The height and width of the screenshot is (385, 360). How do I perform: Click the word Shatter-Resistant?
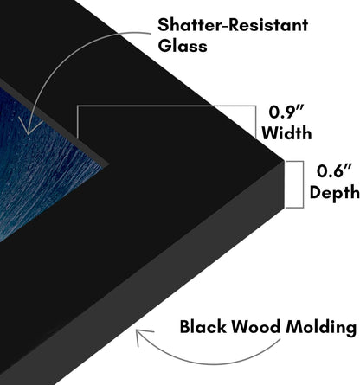233,25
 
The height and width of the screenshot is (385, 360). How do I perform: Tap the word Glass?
183,46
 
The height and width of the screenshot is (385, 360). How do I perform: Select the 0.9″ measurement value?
286,112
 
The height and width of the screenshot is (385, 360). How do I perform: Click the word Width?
286,133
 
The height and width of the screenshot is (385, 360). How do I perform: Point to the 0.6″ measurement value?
334,171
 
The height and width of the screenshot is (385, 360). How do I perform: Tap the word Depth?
334,192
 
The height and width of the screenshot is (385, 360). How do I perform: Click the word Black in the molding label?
203,327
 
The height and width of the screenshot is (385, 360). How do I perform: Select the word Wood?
256,327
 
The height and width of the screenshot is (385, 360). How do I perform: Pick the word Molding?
321,328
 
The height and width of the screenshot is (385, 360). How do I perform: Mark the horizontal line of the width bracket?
166,106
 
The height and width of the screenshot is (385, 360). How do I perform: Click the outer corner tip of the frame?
285,160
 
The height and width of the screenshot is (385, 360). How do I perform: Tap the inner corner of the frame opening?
108,165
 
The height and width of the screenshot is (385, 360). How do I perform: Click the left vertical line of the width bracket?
77,122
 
